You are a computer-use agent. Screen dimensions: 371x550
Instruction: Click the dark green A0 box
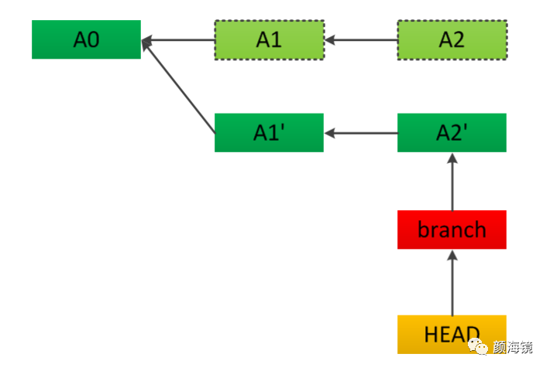[x=86, y=39]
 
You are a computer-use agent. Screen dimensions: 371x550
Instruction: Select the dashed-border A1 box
[x=269, y=39]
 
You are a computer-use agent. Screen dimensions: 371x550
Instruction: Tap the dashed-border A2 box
[x=452, y=39]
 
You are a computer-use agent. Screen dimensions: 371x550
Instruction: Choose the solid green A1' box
[x=269, y=133]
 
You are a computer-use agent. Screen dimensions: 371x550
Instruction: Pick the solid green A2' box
[x=452, y=133]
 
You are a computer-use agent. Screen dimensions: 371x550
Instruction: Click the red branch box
[x=452, y=230]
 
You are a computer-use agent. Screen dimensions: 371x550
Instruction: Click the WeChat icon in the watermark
[x=481, y=348]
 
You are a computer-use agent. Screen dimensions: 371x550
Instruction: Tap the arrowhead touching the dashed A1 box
[x=330, y=39]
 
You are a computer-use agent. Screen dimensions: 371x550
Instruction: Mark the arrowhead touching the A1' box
[x=330, y=133]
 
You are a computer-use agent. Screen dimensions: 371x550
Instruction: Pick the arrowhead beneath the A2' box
[x=452, y=158]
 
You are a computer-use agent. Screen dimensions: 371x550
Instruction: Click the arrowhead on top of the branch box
[x=452, y=255]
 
